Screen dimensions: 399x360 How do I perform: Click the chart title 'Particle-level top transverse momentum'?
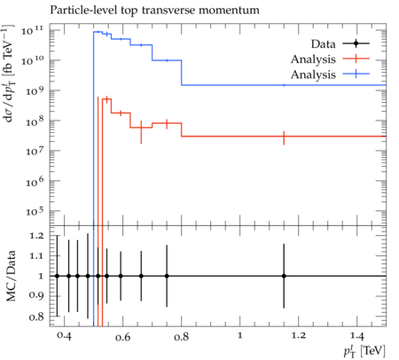[x=154, y=11]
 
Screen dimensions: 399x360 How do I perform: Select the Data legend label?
[x=323, y=44]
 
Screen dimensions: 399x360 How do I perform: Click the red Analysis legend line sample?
[x=356, y=59]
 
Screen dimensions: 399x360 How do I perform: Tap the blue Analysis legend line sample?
[x=356, y=74]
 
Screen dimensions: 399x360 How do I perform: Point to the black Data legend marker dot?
[x=356, y=43]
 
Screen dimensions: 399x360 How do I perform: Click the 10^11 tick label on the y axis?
[x=32, y=30]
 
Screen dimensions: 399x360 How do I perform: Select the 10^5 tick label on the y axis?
[x=35, y=211]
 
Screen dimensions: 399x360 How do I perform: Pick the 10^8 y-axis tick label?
[x=35, y=121]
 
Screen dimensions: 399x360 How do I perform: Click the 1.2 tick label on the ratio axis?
[x=36, y=236]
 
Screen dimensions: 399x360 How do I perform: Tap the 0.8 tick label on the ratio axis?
[x=36, y=317]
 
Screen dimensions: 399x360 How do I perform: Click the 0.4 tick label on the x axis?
[x=64, y=336]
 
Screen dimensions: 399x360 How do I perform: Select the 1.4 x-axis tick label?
[x=357, y=336]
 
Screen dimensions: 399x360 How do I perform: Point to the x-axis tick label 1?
[x=240, y=336]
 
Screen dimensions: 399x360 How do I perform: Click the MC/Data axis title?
[x=11, y=276]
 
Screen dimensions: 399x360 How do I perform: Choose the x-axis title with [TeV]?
[x=364, y=351]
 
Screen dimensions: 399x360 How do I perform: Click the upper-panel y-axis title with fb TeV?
[x=8, y=73]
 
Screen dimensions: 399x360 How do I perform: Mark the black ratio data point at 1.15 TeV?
[x=284, y=276]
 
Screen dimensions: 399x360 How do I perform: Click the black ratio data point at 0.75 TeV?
[x=167, y=276]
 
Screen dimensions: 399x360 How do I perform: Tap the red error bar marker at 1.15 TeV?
[x=284, y=137]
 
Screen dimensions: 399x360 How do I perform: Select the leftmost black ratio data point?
[x=58, y=276]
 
